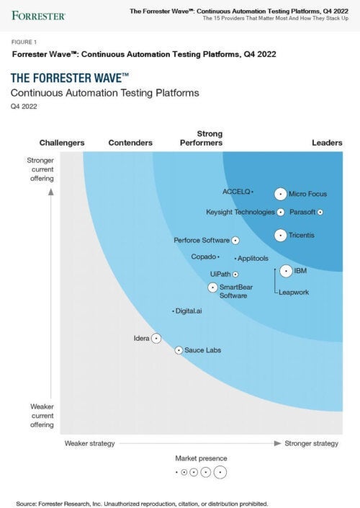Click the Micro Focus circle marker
[x=280, y=194]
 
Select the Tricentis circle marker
[x=280, y=235]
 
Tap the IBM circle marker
[x=285, y=271]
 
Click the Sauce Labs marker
[x=179, y=350]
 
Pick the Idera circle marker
[x=156, y=338]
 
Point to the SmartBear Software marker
[x=213, y=288]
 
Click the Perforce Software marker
[x=235, y=241]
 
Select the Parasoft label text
[x=302, y=213]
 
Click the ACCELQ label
[x=235, y=192]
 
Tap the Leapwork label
[x=293, y=293]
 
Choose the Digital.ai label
[x=189, y=311]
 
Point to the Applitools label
[x=253, y=258]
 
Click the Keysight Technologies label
[x=240, y=213]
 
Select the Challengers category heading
[x=62, y=143]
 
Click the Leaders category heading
[x=327, y=143]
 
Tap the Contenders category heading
[x=130, y=143]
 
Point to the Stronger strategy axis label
[x=311, y=443]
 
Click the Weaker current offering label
[x=41, y=416]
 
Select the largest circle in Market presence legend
[x=220, y=473]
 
